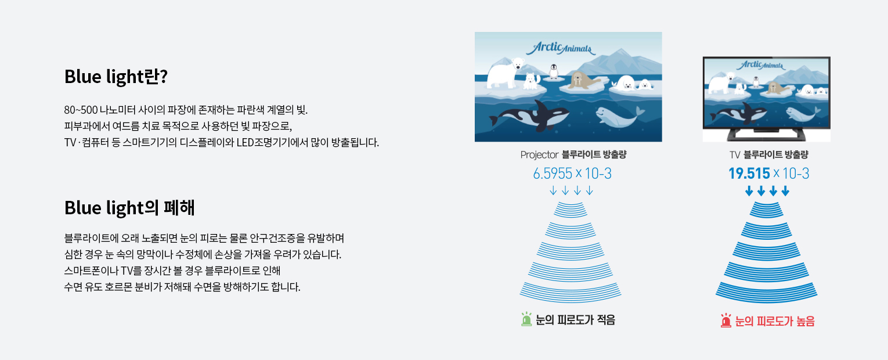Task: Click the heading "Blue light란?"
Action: tap(115, 77)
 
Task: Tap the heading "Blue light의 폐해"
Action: tap(129, 208)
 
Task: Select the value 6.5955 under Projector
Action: tap(552, 173)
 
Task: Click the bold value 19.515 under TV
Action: tap(749, 173)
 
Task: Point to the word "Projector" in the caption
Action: tap(540, 154)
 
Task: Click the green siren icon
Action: tap(526, 319)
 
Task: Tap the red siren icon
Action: tap(726, 321)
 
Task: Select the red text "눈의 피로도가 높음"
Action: tap(775, 321)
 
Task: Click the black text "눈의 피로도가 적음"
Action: tap(575, 319)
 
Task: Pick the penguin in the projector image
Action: tap(554, 71)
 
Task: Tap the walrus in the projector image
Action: tap(583, 81)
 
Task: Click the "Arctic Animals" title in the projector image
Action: tap(561, 48)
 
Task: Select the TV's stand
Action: tap(766, 134)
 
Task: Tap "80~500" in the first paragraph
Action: tap(81, 110)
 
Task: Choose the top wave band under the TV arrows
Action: tap(766, 210)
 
